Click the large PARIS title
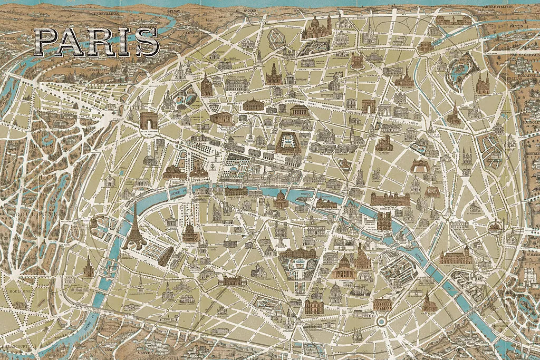pos(97,42)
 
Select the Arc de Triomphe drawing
pos(149,120)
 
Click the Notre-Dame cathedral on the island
pos(384,220)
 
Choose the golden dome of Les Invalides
pos(190,231)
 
